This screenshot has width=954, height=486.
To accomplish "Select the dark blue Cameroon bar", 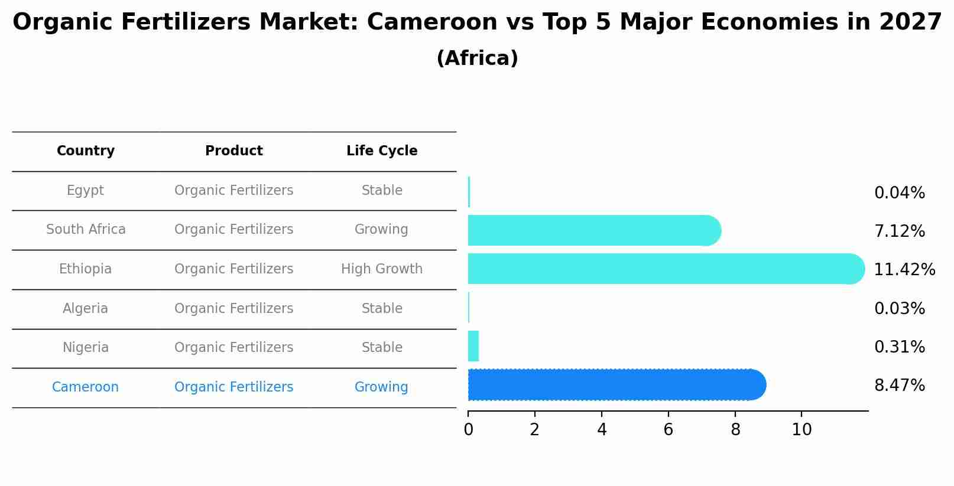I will tap(615, 385).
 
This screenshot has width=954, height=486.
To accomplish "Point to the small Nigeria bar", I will tap(473, 346).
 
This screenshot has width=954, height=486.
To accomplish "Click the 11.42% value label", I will tap(904, 270).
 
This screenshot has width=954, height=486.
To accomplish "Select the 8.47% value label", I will tap(899, 386).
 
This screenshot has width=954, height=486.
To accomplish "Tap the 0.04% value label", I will tap(899, 193).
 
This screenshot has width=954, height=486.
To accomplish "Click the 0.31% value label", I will tap(899, 347).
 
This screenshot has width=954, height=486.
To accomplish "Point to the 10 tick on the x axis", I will tap(802, 430).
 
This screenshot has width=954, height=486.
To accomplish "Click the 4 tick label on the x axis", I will tap(602, 430).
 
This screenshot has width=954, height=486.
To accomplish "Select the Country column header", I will tap(86, 151).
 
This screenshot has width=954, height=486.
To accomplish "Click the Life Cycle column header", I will tap(382, 151).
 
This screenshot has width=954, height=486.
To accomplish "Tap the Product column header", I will tap(234, 151).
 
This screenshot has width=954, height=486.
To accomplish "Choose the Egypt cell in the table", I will tap(85, 191).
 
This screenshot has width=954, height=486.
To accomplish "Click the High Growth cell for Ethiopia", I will tap(382, 269).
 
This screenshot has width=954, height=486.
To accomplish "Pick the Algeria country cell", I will tap(85, 309).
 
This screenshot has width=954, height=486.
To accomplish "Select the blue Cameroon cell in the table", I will tap(85, 387).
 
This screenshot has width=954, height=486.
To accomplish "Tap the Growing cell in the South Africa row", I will tap(381, 230).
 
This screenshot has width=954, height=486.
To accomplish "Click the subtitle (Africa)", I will tap(477, 58).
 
